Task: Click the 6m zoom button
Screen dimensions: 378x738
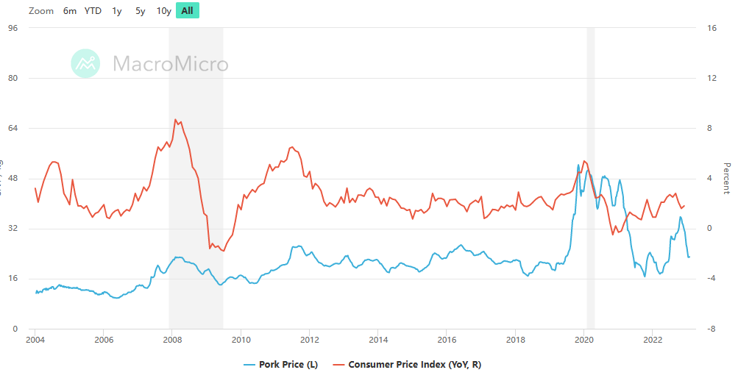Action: coord(70,11)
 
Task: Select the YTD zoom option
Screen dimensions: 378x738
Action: coord(93,11)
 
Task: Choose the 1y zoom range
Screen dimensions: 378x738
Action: coord(117,11)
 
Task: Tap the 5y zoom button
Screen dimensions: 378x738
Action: coord(141,11)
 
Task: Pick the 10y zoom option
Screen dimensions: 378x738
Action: coord(164,11)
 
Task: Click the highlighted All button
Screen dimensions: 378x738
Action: coord(188,11)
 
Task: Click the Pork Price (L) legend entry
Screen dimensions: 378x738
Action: coord(280,364)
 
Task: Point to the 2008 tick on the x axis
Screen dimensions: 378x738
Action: coord(172,340)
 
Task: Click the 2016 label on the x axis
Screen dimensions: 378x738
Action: coord(447,340)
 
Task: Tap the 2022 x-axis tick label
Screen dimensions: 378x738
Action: coord(653,340)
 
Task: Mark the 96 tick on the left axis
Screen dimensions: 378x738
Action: coord(13,28)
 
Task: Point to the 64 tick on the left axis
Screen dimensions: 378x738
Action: coord(13,128)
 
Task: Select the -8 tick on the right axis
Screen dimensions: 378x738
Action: coord(711,329)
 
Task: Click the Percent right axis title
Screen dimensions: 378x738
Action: coord(727,179)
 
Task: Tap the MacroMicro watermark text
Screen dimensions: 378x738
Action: coord(170,64)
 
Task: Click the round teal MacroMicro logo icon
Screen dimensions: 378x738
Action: coord(85,63)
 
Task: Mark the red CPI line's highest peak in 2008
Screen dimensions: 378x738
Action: coord(175,119)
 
